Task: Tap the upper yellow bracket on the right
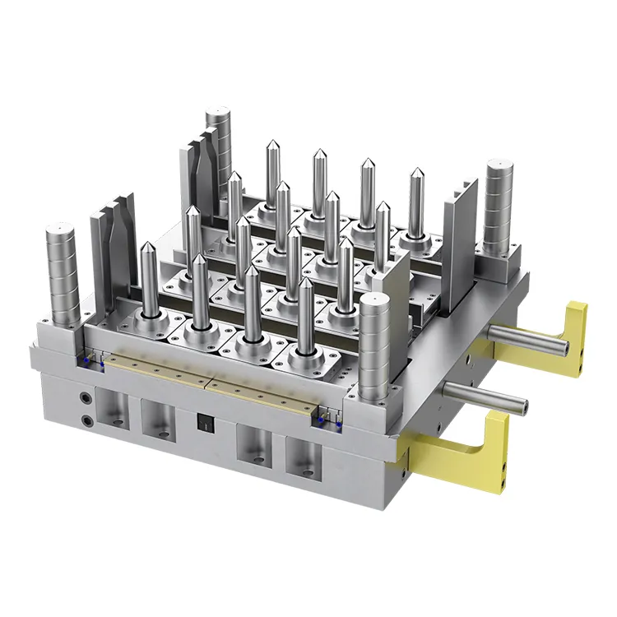point(573,329)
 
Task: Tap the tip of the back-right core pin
point(416,174)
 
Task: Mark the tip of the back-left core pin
point(270,145)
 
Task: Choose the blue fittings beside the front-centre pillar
point(328,420)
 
